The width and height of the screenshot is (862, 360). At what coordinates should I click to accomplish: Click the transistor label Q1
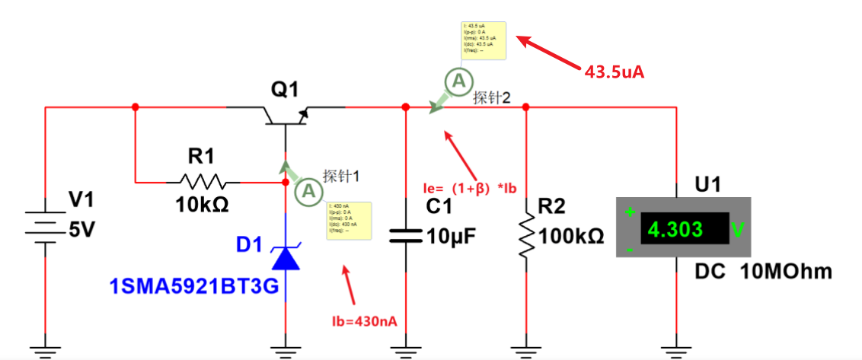click(x=285, y=91)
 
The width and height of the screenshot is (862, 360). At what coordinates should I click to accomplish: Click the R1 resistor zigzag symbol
click(x=202, y=182)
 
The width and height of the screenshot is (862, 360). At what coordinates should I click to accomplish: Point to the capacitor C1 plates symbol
click(x=405, y=236)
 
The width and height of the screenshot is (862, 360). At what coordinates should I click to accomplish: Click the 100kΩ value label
click(x=571, y=237)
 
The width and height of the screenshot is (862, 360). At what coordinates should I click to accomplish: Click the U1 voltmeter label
click(x=707, y=186)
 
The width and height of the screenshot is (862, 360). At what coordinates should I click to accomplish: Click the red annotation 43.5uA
click(x=615, y=72)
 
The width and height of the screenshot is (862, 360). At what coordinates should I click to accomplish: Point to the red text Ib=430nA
click(x=364, y=320)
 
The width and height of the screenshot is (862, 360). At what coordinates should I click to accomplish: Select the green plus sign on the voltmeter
click(x=630, y=212)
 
